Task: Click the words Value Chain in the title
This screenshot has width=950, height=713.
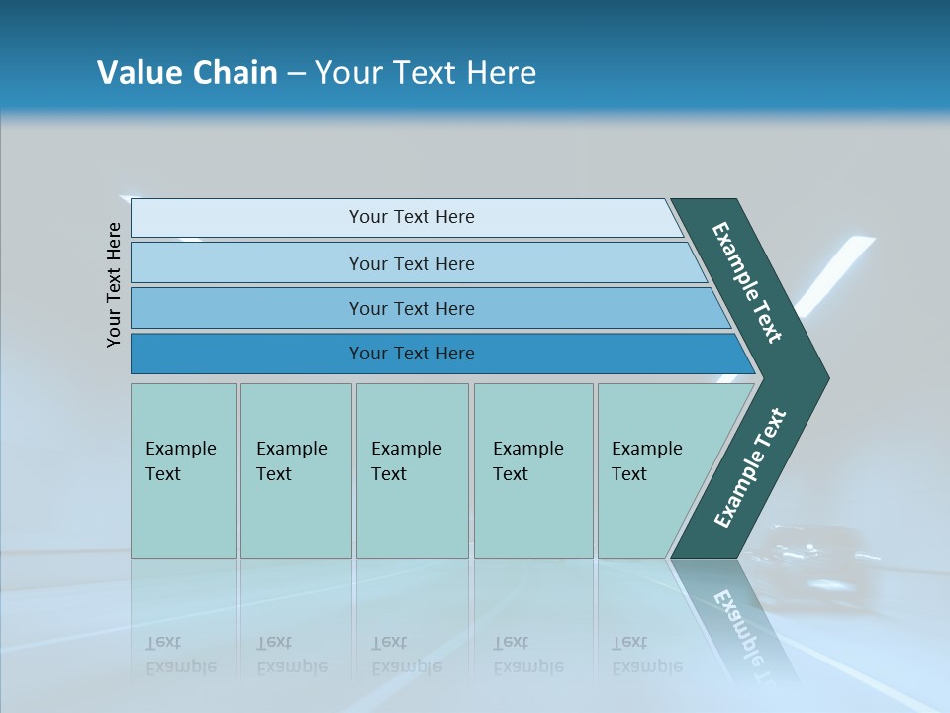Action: [x=187, y=73]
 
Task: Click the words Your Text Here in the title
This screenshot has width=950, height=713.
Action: [x=426, y=73]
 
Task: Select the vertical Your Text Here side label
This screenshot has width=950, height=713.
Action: [x=114, y=284]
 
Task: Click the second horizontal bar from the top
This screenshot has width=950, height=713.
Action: [x=411, y=263]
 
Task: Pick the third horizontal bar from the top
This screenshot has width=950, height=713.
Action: [x=411, y=308]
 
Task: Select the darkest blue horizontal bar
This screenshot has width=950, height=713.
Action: [x=411, y=354]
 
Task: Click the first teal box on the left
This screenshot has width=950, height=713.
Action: [x=183, y=470]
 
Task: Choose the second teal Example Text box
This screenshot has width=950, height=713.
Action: [x=295, y=470]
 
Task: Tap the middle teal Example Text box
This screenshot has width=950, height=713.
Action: [x=412, y=470]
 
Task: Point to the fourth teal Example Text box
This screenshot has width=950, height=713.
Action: [x=532, y=470]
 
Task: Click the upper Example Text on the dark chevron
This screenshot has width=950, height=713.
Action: [x=747, y=282]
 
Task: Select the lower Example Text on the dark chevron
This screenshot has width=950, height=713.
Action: [x=750, y=468]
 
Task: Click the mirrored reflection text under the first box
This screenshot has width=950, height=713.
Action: [x=181, y=655]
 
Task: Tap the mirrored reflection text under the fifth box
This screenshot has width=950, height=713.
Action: [x=647, y=655]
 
